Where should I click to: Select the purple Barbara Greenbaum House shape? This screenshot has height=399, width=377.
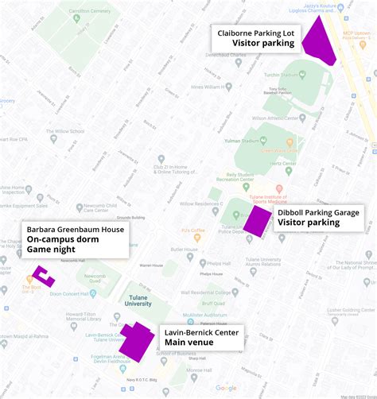tap(45, 276)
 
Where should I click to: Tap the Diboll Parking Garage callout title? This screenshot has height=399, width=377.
tap(317, 212)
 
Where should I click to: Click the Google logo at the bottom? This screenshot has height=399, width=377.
tap(226, 388)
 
